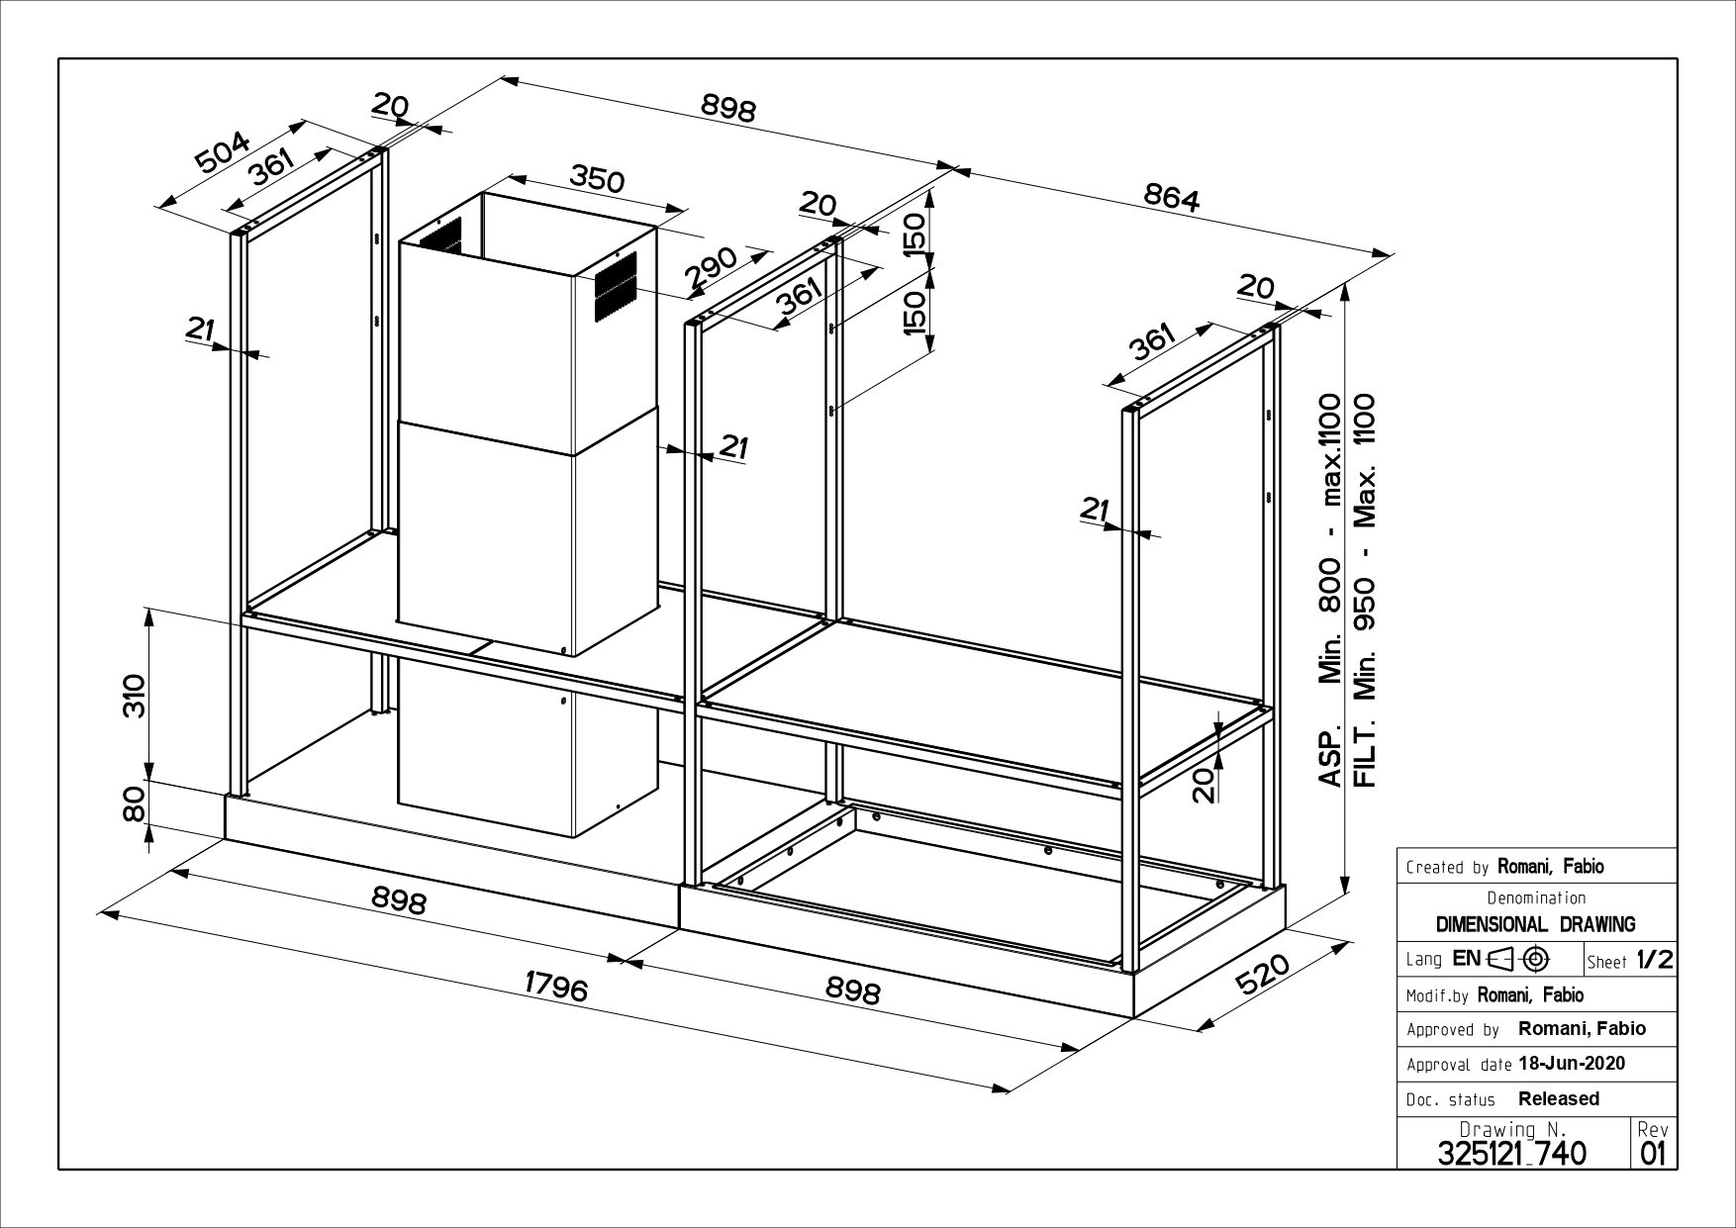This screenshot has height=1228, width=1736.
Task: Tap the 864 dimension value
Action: click(x=1172, y=198)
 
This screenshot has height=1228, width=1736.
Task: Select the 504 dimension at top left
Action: click(x=223, y=154)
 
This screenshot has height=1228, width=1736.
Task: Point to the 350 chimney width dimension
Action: click(x=597, y=179)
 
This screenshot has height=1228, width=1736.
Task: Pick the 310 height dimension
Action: click(x=134, y=695)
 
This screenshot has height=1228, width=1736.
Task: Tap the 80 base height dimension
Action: click(x=134, y=803)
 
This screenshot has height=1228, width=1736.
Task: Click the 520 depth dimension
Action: click(x=1264, y=974)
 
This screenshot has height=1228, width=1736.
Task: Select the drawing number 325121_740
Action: click(x=1510, y=1153)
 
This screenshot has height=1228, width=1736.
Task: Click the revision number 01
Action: click(x=1653, y=1154)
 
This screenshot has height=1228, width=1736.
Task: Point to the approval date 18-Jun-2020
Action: click(x=1571, y=1064)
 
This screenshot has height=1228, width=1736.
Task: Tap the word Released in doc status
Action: click(x=1559, y=1098)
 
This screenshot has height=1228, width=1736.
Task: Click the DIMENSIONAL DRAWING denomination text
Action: click(x=1535, y=924)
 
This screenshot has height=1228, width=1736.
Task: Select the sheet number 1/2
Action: click(x=1654, y=960)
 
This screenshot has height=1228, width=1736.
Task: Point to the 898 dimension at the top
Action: click(x=727, y=108)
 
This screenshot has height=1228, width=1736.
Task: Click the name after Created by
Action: click(x=1550, y=867)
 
